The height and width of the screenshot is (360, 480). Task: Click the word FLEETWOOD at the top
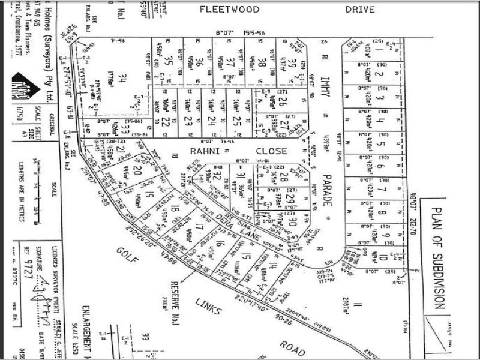(x=229, y=10)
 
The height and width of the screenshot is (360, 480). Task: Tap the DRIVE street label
(x=360, y=10)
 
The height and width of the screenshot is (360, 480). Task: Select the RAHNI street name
(x=206, y=151)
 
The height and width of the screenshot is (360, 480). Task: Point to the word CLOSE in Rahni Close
(x=271, y=151)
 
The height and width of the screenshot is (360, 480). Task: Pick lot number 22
(x=166, y=121)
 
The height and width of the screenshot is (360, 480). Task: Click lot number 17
(x=199, y=227)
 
